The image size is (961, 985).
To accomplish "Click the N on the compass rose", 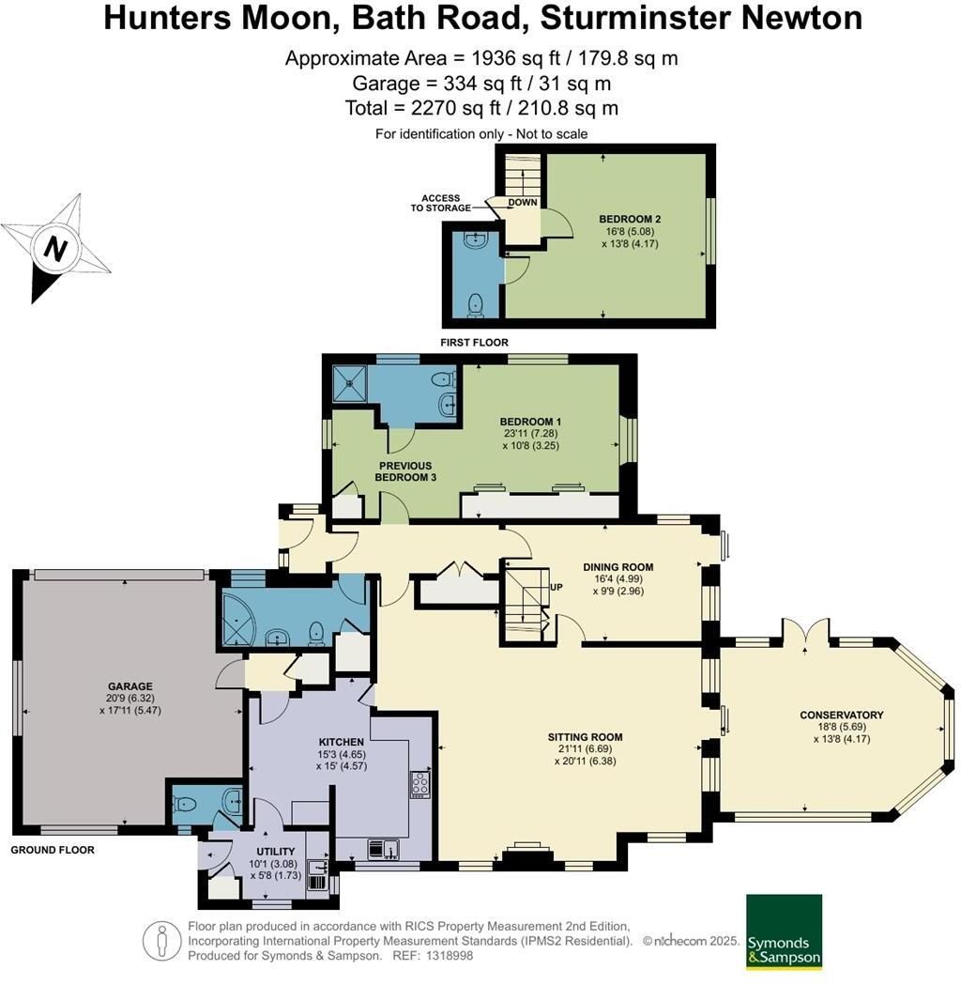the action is tap(55, 249).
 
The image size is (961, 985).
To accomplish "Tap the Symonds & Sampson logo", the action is tap(784, 932).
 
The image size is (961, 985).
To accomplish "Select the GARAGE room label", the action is tap(130, 686).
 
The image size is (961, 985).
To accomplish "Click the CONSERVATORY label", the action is tap(841, 715).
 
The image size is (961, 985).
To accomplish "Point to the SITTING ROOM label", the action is tap(585, 737).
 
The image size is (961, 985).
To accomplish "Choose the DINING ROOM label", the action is tap(618, 566).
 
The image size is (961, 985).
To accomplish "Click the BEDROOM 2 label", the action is tap(630, 219).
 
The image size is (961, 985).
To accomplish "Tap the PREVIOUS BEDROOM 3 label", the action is tap(405, 471).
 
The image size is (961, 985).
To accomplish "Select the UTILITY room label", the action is tap(276, 852).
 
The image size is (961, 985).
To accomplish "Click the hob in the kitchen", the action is tap(419, 784).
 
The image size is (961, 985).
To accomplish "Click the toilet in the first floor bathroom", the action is tap(477, 304).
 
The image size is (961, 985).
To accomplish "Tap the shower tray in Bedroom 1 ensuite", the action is tap(350, 382).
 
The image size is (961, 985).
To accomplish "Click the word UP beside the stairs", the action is tap(557, 588).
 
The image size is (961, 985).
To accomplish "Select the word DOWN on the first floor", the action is tap(523, 202).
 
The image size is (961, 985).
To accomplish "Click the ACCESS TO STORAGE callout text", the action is tap(441, 203).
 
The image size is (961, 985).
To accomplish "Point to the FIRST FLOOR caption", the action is tap(475, 343).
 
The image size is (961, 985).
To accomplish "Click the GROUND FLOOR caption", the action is tap(53, 850).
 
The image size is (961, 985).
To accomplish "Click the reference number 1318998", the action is tap(449, 956).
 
